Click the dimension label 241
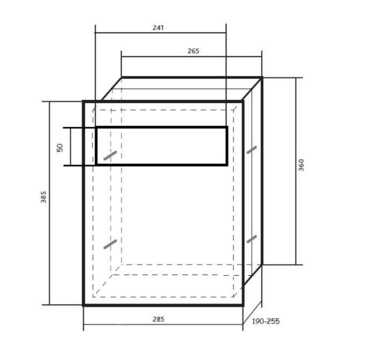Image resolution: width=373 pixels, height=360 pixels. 158,28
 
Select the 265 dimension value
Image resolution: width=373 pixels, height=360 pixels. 193,51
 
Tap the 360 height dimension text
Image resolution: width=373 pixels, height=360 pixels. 301,165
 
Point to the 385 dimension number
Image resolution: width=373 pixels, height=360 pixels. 43,197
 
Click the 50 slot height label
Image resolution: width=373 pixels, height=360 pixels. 60,148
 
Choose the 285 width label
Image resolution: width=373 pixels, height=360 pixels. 158,319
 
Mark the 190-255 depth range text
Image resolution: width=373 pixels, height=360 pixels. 266,321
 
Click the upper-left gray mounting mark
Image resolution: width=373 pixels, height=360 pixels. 110,155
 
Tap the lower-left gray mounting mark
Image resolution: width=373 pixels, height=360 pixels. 110,244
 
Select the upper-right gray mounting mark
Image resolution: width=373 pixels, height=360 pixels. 252,150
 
